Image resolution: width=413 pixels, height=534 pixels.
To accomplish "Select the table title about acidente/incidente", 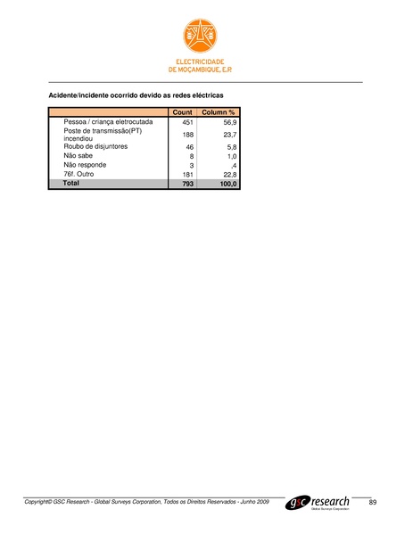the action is pos(135,94).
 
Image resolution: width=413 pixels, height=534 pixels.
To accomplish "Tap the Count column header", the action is pos(182,112).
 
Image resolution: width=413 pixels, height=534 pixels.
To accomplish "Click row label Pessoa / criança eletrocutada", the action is pos(108,121).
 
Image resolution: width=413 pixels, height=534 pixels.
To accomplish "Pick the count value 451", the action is pos(187,122).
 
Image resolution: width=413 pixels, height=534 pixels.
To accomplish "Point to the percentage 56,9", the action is pos(229,122).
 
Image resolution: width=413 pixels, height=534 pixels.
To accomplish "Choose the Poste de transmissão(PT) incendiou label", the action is pos(103,135).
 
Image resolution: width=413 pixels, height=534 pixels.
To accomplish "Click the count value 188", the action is pos(187,135).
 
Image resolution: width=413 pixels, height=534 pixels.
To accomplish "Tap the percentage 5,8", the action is pos(231,147).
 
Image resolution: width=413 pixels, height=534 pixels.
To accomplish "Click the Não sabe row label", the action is pos(78,155).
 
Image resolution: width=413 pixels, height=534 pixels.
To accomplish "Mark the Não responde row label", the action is pos(85,164).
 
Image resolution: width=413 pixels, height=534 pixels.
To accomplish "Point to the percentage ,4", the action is pos(233,165).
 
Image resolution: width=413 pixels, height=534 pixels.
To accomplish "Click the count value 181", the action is pos(187,174).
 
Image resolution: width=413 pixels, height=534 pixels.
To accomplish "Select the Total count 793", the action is pos(186,184).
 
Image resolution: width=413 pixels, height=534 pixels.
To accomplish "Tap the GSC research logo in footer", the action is pos(318,504).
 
